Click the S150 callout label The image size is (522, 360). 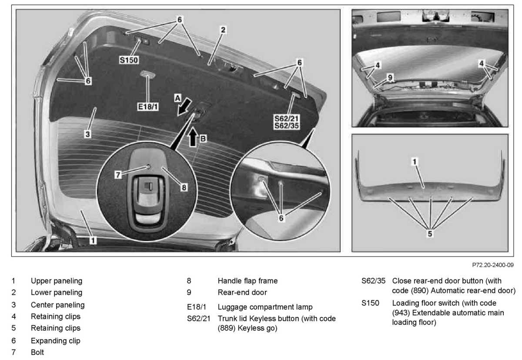pyautogui.click(x=129, y=60)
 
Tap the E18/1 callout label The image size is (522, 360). pyautogui.click(x=148, y=106)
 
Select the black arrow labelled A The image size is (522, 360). pyautogui.click(x=184, y=106)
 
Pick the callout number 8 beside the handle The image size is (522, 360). pyautogui.click(x=184, y=187)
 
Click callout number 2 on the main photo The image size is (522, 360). pyautogui.click(x=223, y=30)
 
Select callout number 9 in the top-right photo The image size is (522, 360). pyautogui.click(x=390, y=77)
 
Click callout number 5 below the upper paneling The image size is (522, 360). pyautogui.click(x=430, y=233)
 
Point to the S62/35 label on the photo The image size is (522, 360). pyautogui.click(x=287, y=126)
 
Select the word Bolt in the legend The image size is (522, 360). pyautogui.click(x=37, y=352)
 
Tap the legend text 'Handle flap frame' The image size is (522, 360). pyautogui.click(x=248, y=281)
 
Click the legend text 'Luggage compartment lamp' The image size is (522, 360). pyautogui.click(x=265, y=307)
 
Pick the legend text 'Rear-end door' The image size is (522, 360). pyautogui.click(x=242, y=292)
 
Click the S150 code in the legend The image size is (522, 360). pyautogui.click(x=370, y=303)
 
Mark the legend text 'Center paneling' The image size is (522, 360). pyautogui.click(x=57, y=305)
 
